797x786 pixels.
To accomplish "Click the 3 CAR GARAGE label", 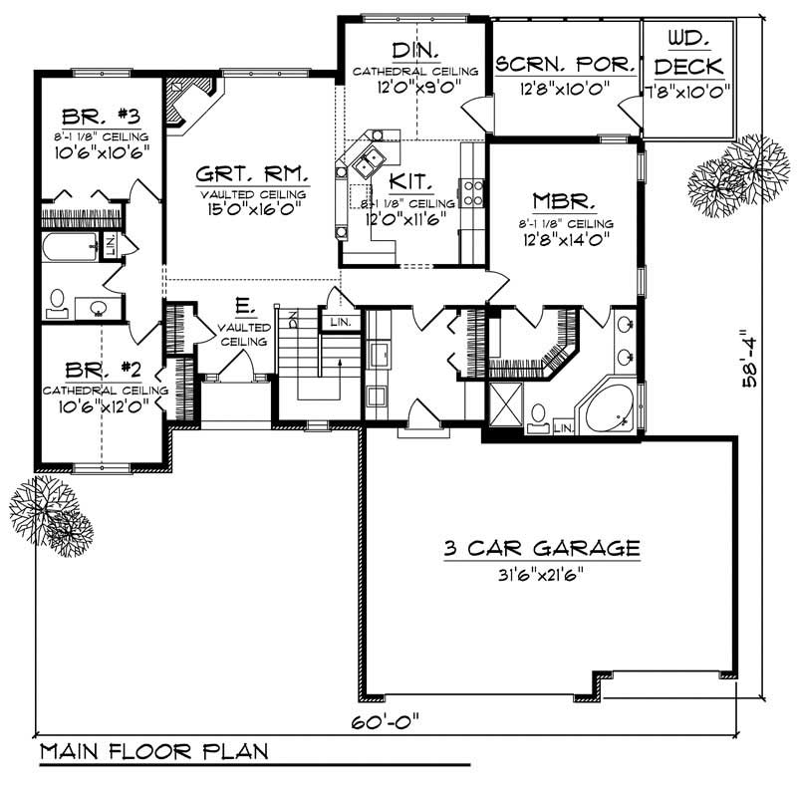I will (540, 547).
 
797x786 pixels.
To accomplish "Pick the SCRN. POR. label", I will (565, 65).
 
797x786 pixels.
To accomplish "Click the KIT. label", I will (409, 181).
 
